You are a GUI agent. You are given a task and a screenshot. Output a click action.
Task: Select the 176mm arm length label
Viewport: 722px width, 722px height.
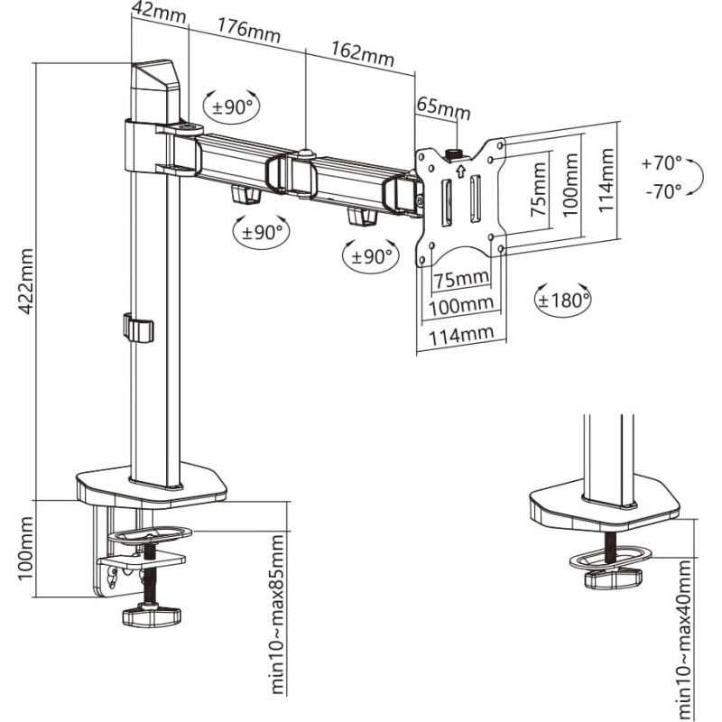click(x=249, y=32)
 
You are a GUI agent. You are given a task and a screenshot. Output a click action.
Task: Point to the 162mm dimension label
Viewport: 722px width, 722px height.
click(x=364, y=53)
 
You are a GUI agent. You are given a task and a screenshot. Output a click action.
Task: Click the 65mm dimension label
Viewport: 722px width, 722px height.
click(x=443, y=107)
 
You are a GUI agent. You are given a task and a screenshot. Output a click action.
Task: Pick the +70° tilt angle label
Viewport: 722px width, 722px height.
click(x=662, y=164)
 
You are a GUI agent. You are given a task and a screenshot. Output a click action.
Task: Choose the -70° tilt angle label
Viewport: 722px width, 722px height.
click(x=662, y=191)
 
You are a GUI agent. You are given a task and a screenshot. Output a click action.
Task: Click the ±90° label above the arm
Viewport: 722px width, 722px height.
click(x=233, y=106)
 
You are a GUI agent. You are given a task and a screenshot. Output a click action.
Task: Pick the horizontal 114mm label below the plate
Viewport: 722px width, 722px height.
click(x=461, y=335)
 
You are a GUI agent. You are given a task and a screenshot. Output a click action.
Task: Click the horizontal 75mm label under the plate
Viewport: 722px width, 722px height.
click(x=460, y=277)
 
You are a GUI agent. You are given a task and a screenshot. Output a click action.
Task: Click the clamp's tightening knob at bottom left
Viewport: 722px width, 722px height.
click(x=151, y=616)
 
